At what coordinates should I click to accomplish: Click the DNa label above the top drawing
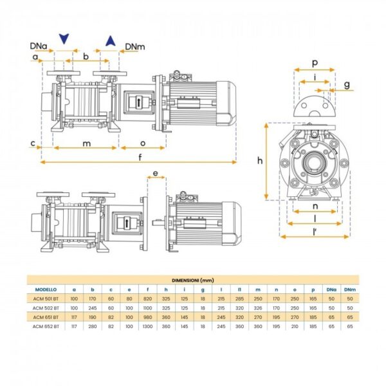click(x=38, y=46)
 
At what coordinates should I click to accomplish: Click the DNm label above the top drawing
click(x=134, y=46)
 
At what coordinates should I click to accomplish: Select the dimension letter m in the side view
click(x=86, y=143)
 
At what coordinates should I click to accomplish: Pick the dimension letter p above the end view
click(x=314, y=63)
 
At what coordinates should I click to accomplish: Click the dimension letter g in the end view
click(x=346, y=84)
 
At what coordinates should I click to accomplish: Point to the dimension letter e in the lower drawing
click(x=155, y=174)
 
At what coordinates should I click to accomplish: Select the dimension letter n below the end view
click(x=315, y=207)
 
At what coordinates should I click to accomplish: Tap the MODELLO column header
click(x=46, y=289)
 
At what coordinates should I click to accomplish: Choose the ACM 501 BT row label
click(x=46, y=299)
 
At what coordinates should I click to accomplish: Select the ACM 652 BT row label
click(x=46, y=326)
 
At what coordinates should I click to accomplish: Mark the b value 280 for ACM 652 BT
click(x=93, y=326)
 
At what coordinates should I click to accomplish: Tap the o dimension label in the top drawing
click(x=142, y=143)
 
